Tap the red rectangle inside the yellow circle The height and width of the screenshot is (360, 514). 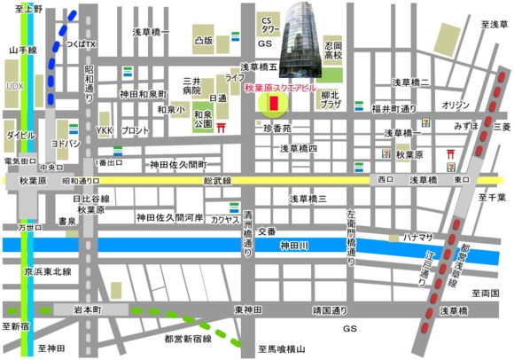point(274,105)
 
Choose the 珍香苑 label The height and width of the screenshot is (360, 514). point(278,129)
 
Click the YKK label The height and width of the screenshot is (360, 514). point(104,130)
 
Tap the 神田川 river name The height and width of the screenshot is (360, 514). point(292,244)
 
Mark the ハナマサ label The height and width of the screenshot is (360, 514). point(419,238)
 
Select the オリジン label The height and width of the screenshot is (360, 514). point(456,105)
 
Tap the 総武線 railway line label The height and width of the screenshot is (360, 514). point(216,180)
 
